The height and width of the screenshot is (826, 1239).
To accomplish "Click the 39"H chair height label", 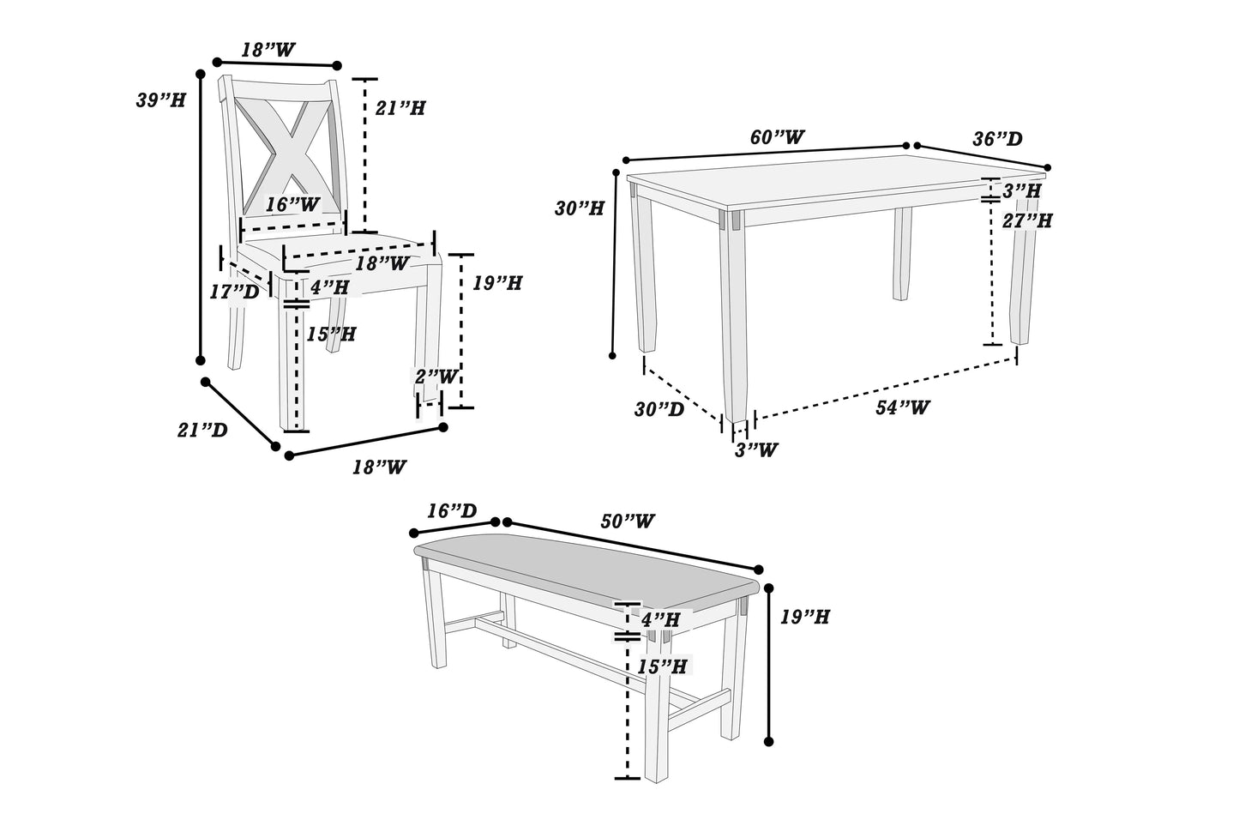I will tap(160, 100).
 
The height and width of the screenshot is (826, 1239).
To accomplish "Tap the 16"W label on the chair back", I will tap(292, 205).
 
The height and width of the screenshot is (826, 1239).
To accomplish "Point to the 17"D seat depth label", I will tap(234, 292).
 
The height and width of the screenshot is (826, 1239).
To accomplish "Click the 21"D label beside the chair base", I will tap(202, 431).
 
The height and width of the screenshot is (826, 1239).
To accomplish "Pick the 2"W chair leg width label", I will tap(436, 377).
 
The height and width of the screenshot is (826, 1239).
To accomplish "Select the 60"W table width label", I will tap(777, 137).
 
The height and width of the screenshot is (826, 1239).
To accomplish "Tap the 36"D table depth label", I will tap(997, 139).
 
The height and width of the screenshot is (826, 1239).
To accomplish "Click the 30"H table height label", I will tap(580, 208).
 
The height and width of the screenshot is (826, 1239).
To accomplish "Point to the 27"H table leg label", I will tap(1027, 220).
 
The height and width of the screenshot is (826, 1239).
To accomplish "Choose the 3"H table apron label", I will tap(1022, 190).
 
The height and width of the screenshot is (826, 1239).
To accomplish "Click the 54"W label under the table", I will tap(902, 407).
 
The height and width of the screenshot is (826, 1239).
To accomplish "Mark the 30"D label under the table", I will tap(659, 409).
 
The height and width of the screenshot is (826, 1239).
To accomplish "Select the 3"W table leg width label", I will tap(755, 449).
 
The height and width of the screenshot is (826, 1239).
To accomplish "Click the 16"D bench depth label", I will tap(452, 511).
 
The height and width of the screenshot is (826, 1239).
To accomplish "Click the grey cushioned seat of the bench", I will tap(583, 570).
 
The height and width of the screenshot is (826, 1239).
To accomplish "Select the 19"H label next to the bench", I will tap(804, 617).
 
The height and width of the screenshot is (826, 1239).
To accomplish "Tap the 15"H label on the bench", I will tap(662, 666).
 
